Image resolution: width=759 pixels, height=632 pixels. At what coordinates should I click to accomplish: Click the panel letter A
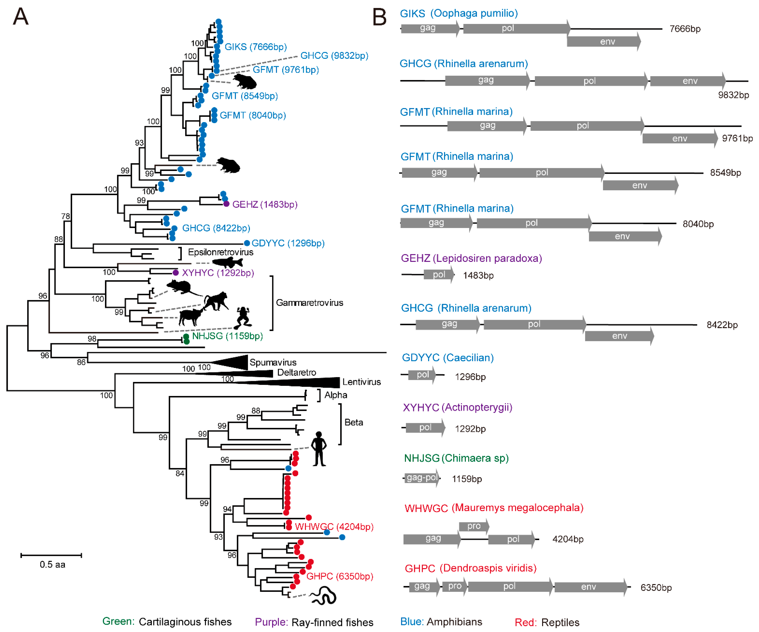pos(21,17)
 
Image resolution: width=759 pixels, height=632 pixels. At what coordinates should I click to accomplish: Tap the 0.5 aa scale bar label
pos(52,564)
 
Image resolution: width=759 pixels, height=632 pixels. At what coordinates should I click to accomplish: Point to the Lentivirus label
pos(361,382)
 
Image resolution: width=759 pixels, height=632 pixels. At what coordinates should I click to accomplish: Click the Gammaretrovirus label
pos(309,303)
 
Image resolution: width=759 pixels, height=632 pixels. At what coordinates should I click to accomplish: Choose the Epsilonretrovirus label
pos(221,252)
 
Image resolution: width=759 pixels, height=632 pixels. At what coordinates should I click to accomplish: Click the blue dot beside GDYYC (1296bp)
pos(247,243)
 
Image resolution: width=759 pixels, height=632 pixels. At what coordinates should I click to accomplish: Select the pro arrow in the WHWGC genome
pos(474,526)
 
